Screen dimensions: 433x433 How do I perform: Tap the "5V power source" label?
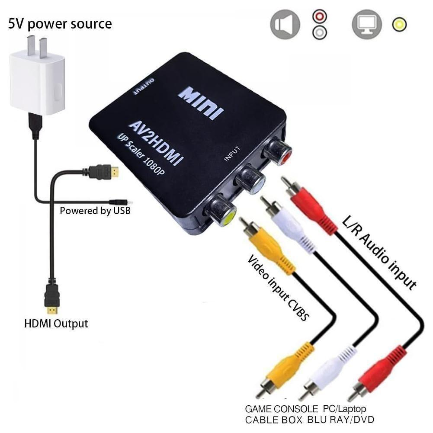point(60,23)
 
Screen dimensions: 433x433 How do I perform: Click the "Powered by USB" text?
point(95,211)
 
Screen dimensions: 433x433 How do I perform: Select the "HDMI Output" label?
point(56,323)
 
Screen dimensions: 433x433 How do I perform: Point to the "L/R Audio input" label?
point(378,251)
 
